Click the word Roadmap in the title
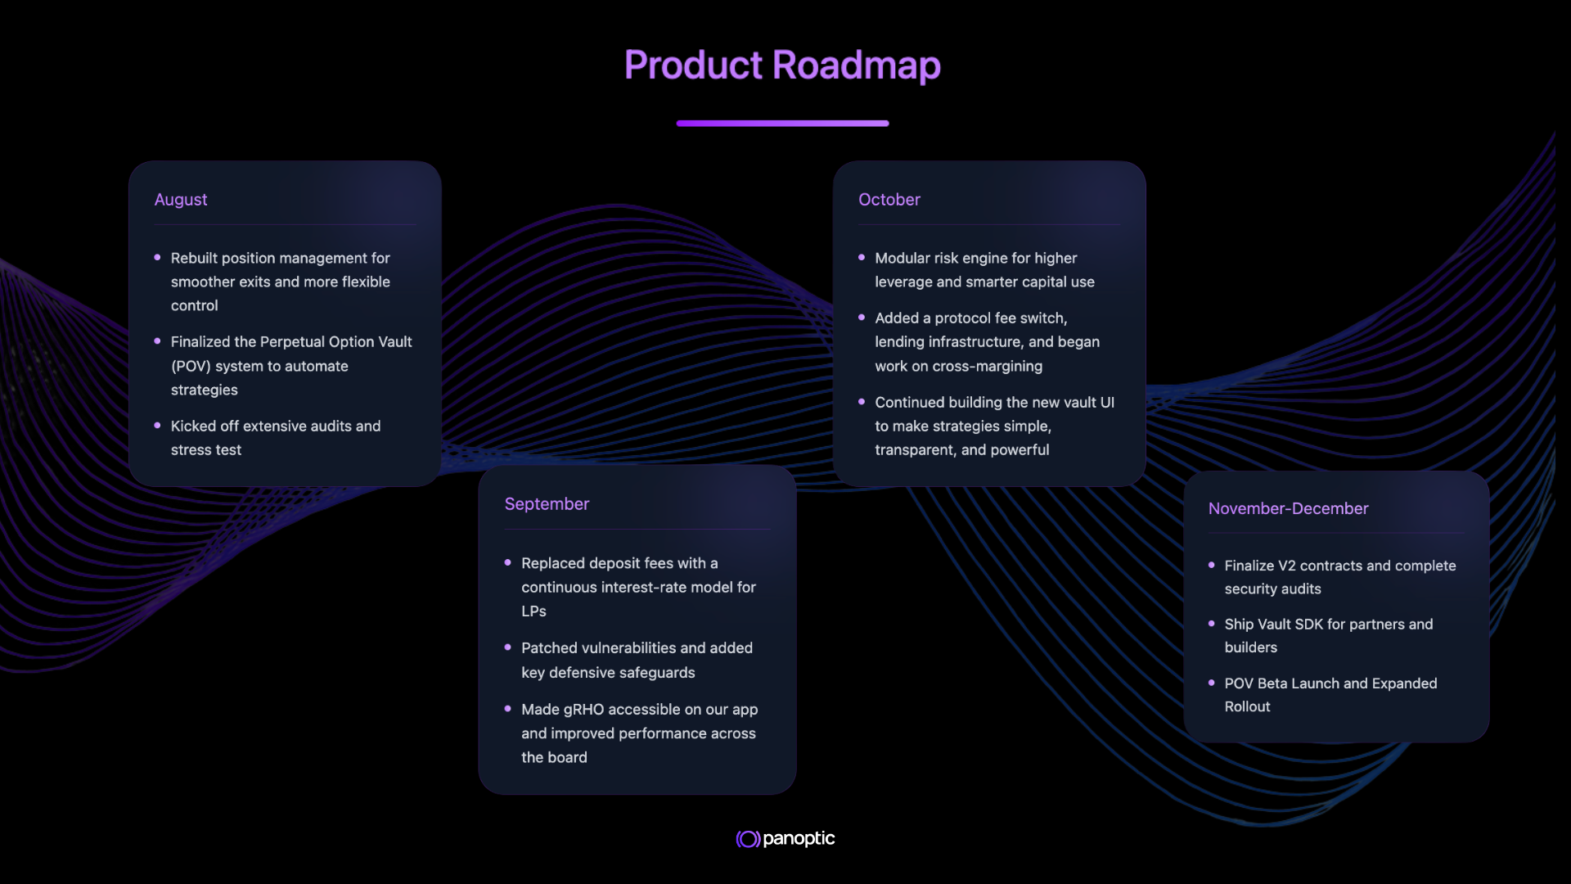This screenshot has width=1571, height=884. [x=856, y=65]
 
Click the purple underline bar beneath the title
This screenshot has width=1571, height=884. [x=782, y=124]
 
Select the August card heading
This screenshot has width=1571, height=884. [x=181, y=200]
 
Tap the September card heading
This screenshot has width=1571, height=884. [x=547, y=504]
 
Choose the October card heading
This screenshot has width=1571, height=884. [x=889, y=200]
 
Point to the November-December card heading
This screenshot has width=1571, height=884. [x=1288, y=508]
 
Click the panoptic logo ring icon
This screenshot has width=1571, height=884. [x=748, y=839]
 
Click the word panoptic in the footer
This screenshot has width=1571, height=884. [x=799, y=839]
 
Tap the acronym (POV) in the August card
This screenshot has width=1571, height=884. [x=191, y=366]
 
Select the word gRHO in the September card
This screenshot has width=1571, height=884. [x=583, y=710]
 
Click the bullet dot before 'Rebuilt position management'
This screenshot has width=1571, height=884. [x=157, y=258]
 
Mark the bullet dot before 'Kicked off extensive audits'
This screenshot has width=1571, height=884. [x=157, y=426]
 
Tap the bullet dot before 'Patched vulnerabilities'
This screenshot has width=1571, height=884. [x=508, y=647]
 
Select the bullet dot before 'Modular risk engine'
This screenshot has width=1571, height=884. [x=862, y=258]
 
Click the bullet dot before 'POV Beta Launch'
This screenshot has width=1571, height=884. [x=1212, y=683]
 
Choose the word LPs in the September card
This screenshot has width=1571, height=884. [x=533, y=611]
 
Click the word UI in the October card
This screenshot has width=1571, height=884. [x=1107, y=403]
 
